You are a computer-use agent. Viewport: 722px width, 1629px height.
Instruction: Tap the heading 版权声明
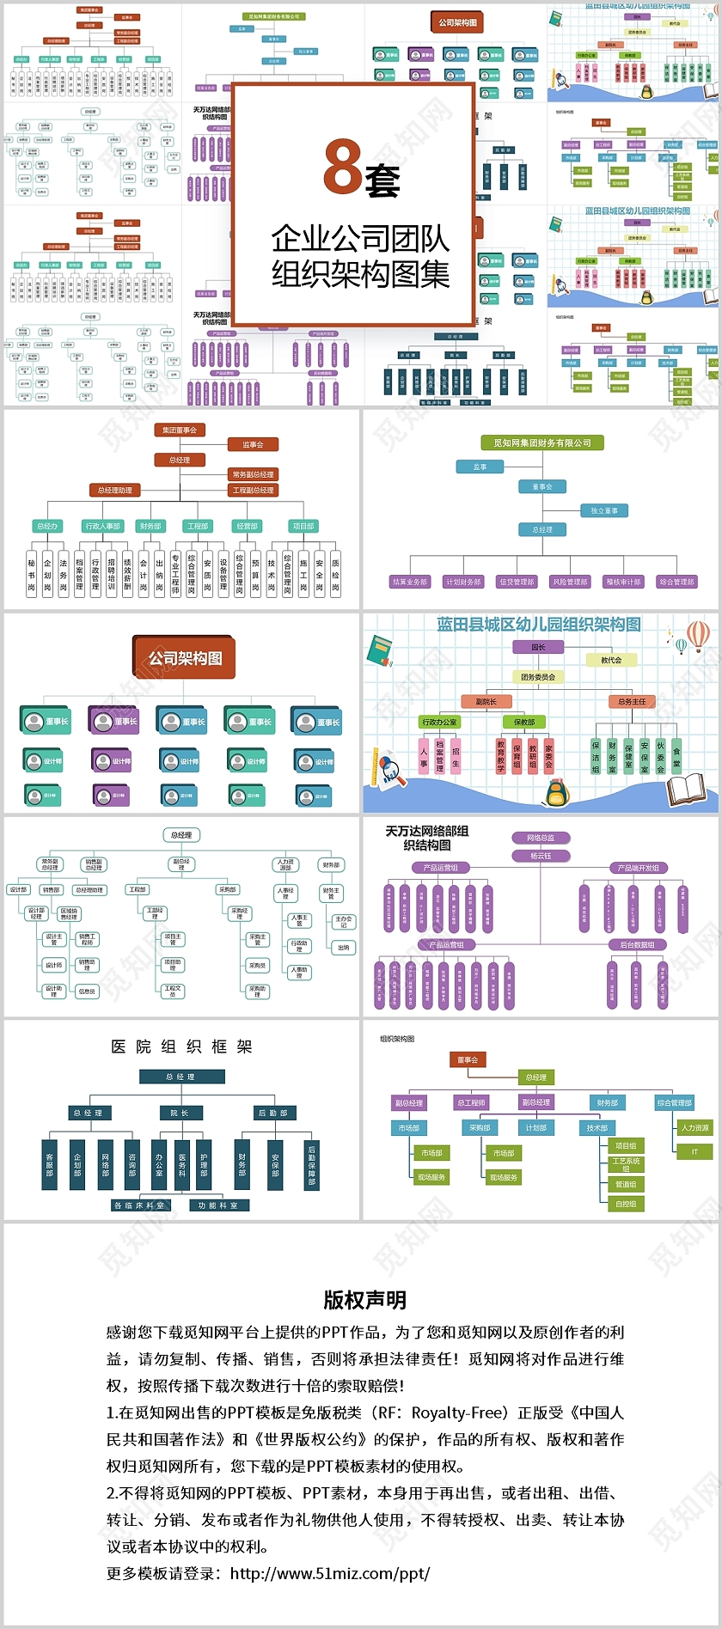364,1300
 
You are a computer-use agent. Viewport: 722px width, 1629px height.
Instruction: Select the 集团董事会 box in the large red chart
180,430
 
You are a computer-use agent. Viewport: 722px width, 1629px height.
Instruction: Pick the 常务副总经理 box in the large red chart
253,474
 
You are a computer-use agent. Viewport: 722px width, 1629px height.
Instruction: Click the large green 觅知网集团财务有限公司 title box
542,443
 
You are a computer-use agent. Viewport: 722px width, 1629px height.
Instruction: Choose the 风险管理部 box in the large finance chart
571,582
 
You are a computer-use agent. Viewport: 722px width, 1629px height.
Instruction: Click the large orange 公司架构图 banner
185,658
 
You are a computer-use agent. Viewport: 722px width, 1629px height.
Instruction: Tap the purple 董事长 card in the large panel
114,721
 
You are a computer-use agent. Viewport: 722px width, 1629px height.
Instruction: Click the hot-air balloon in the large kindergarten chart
698,637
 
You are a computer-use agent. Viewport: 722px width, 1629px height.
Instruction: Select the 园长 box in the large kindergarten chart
538,647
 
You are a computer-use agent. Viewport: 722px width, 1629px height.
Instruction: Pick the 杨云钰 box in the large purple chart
541,856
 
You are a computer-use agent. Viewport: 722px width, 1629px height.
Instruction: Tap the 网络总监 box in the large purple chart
541,838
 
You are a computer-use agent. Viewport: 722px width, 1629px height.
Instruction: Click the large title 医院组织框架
181,1046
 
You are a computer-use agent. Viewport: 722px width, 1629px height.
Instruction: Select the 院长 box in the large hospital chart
180,1113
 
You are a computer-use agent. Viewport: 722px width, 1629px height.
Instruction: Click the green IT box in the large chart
694,1152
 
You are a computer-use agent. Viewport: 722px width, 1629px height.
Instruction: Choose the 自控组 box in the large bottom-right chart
626,1204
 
